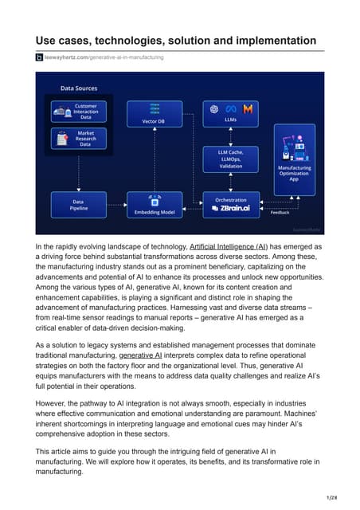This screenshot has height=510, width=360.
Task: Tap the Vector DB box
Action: (x=153, y=112)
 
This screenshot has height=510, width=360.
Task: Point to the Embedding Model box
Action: (x=153, y=205)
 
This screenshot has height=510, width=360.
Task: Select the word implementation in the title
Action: (x=270, y=41)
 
